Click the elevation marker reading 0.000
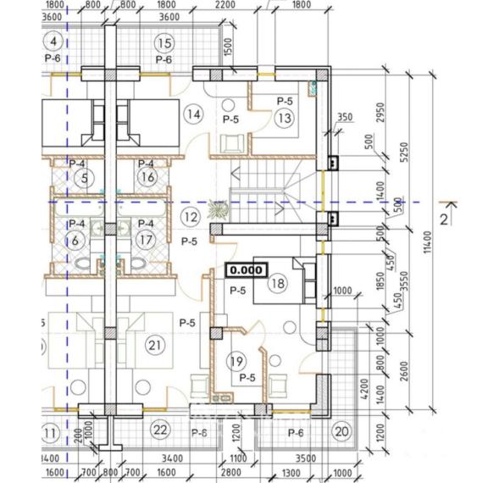click(246, 270)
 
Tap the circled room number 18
click(276, 284)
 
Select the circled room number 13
click(284, 119)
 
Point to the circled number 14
click(193, 114)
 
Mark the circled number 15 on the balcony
click(164, 42)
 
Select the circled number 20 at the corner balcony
click(341, 431)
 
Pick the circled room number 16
click(147, 177)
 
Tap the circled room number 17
click(147, 239)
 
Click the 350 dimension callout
click(343, 118)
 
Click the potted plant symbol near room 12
click(218, 208)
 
